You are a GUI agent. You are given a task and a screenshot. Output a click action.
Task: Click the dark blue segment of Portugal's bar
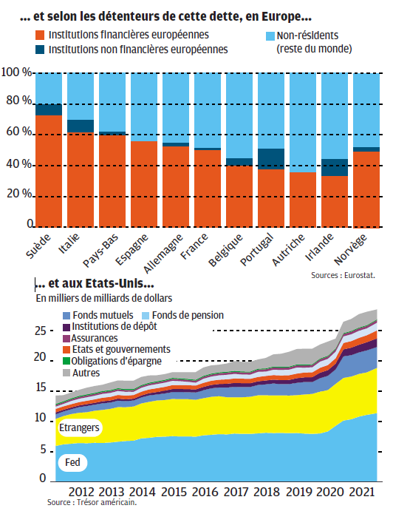[x=271, y=159]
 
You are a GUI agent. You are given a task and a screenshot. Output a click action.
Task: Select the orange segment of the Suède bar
[x=49, y=171]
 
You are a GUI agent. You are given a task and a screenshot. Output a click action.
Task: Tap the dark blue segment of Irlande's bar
[x=335, y=168]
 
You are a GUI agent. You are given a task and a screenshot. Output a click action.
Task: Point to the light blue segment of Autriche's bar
[x=303, y=123]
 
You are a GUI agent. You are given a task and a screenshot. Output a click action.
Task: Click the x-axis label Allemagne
[x=163, y=254]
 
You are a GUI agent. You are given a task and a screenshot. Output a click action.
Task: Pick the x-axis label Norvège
[x=350, y=249]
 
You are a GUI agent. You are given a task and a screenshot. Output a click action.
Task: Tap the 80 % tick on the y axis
[x=19, y=101]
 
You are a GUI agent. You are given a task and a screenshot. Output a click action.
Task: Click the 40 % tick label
[x=19, y=164]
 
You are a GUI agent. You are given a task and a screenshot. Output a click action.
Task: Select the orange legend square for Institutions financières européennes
[x=40, y=35]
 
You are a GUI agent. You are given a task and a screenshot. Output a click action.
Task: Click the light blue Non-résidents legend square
[x=270, y=36]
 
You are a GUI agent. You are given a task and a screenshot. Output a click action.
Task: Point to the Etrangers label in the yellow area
[x=79, y=427]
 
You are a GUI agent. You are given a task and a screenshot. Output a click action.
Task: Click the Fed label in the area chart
[x=72, y=462]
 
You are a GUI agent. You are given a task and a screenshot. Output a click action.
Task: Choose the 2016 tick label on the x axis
[x=205, y=492]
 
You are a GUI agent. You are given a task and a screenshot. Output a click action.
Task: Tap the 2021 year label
[x=362, y=492]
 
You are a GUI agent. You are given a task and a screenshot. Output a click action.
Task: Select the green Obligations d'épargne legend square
[x=66, y=361]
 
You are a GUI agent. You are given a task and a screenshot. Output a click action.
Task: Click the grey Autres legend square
[x=66, y=373]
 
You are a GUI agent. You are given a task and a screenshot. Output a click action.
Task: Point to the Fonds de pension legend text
[x=188, y=316]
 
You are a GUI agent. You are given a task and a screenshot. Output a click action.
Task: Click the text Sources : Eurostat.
[x=344, y=275]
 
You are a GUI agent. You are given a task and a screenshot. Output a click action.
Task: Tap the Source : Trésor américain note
[x=92, y=502]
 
